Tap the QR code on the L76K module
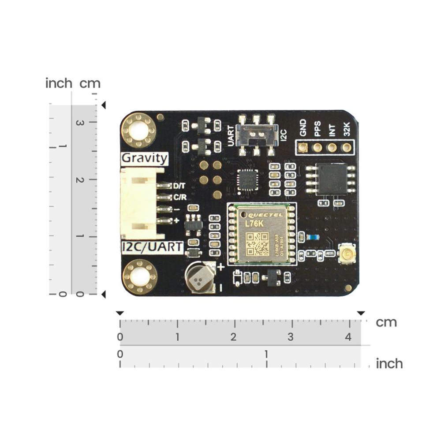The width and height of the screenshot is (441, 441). click(x=258, y=243)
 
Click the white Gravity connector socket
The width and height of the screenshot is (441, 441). click(x=138, y=203)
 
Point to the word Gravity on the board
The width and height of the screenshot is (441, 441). click(x=144, y=158)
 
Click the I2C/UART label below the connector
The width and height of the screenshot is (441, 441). click(x=152, y=247)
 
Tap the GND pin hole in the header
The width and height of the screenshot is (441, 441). click(x=303, y=147)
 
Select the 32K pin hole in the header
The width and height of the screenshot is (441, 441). click(x=347, y=147)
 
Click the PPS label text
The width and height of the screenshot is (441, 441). click(x=317, y=129)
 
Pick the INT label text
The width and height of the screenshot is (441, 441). click(x=332, y=130)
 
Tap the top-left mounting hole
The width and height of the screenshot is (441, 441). click(x=138, y=130)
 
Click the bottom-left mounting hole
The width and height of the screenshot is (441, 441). click(x=139, y=277)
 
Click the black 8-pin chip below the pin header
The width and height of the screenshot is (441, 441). click(x=333, y=179)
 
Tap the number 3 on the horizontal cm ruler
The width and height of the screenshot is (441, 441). click(x=290, y=337)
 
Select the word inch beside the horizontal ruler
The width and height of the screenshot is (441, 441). click(x=389, y=364)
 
